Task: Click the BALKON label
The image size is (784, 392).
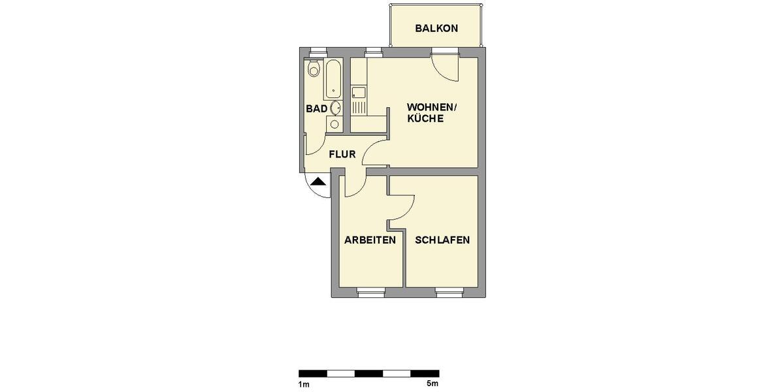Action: tap(436, 29)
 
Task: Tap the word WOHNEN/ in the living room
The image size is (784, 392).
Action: tap(427, 107)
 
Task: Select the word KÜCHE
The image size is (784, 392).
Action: tap(425, 119)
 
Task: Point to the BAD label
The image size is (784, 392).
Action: tap(316, 108)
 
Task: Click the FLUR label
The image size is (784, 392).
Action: tap(342, 155)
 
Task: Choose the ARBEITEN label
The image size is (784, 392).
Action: tap(370, 240)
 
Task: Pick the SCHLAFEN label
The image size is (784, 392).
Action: tap(442, 240)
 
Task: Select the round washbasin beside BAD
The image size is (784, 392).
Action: tap(335, 108)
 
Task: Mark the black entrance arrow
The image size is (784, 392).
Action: tap(318, 182)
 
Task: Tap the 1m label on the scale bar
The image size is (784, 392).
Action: tap(303, 383)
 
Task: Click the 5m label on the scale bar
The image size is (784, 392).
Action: tap(433, 383)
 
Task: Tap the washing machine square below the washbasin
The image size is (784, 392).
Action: tap(335, 123)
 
